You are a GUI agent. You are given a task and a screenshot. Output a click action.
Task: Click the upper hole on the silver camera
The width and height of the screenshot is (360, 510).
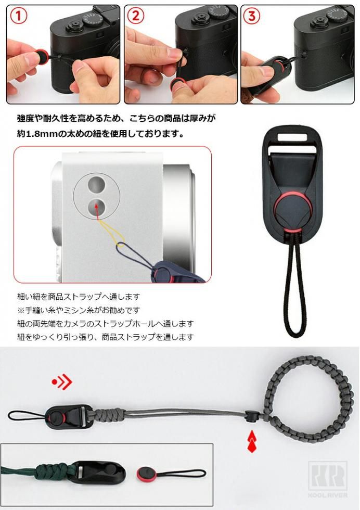[x=97, y=184]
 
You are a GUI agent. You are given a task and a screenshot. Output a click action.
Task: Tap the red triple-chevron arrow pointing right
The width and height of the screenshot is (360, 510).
[x=61, y=382]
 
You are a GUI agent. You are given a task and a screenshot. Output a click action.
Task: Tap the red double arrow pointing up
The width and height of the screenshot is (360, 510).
[x=252, y=441]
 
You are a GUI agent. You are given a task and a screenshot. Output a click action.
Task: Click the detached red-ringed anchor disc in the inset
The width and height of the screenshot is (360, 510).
[x=145, y=474]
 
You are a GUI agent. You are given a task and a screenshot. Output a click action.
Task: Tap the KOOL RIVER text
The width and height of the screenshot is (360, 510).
[x=327, y=495]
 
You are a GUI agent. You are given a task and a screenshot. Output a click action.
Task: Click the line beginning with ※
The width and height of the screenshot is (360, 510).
[x=79, y=310]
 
